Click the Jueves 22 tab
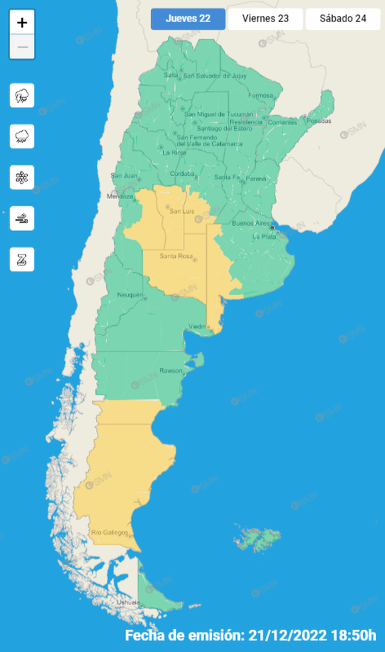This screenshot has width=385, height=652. [188, 19]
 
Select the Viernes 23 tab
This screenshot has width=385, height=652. [266, 19]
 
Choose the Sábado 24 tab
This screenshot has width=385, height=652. [343, 19]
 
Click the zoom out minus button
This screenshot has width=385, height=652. [22, 47]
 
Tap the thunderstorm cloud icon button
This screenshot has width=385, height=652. [22, 96]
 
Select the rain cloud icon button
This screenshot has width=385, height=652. [22, 136]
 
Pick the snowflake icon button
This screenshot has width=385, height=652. [22, 177]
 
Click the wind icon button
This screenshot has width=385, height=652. [22, 218]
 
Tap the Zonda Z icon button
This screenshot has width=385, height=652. [22, 259]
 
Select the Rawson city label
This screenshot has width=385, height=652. [170, 370]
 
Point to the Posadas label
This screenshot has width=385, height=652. [319, 121]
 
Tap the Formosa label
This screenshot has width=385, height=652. [261, 96]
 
